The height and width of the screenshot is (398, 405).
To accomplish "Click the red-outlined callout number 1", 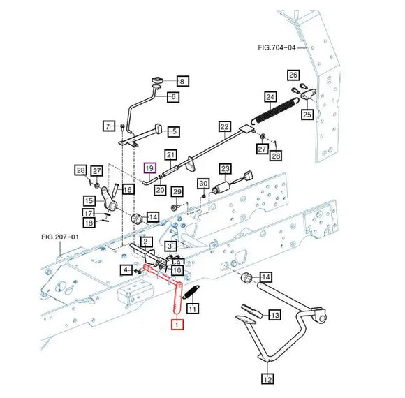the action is [177, 325].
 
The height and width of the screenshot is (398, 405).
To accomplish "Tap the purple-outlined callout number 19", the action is [150, 168].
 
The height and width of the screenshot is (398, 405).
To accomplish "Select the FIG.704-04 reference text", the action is [277, 47].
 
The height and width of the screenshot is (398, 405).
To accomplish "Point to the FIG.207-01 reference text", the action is [59, 237].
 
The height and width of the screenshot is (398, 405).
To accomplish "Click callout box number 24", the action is [270, 97].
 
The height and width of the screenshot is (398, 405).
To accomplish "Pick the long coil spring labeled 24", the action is [275, 110].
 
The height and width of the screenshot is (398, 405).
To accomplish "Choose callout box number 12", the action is [267, 379].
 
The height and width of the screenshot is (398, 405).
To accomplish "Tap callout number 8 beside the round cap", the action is [183, 82].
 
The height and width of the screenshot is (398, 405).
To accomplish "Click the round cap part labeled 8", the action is [157, 80].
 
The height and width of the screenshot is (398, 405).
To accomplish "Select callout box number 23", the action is [225, 169].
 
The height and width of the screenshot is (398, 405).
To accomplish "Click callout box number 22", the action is [224, 127].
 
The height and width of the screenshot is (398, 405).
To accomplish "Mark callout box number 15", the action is [89, 200].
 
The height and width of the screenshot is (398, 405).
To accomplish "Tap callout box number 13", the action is [274, 315].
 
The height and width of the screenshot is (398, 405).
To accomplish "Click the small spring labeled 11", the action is [191, 292].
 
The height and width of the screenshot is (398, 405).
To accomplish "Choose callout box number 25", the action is [307, 114].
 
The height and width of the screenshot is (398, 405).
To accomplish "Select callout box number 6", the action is [173, 96].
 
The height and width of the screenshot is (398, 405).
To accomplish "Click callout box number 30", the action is [203, 184].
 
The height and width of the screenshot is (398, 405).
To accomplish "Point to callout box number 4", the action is [126, 270].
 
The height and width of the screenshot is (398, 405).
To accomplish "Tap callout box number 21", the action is [171, 155].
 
